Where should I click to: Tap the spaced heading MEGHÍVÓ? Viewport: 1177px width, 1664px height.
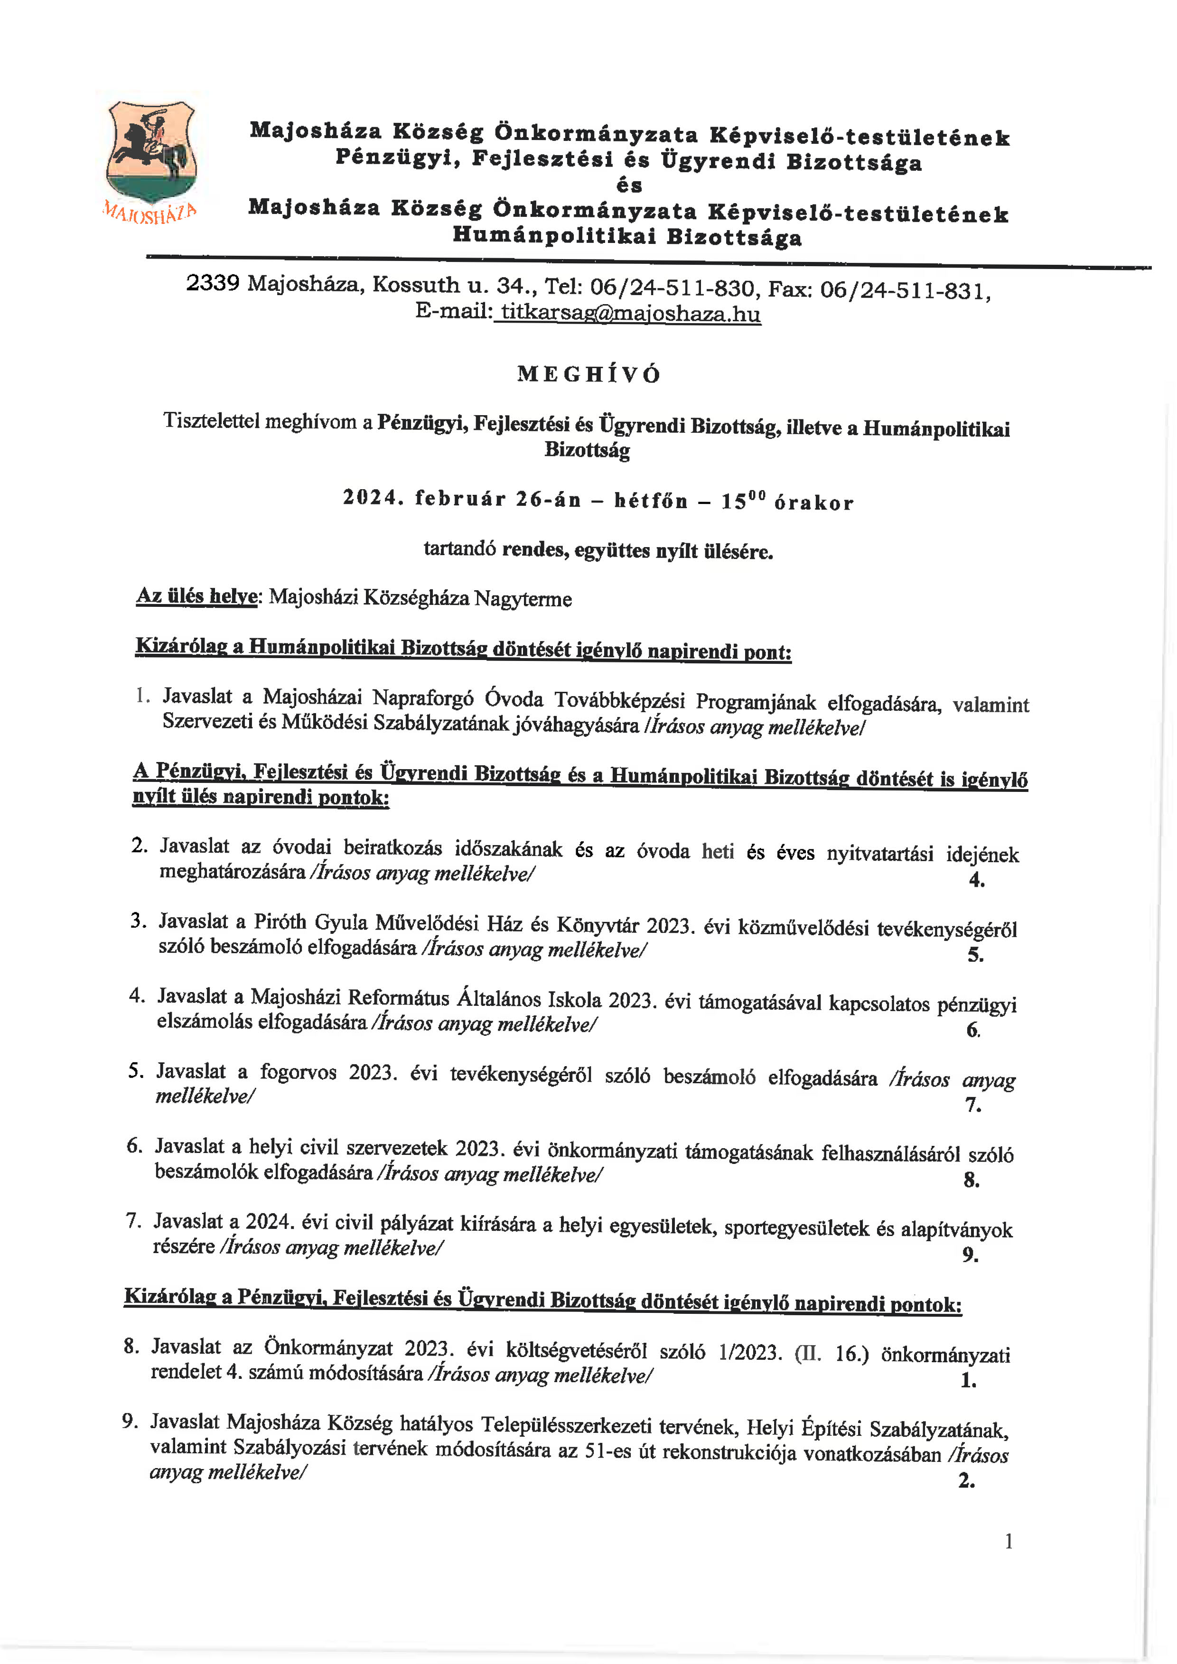588,374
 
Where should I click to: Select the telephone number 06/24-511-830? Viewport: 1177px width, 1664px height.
672,288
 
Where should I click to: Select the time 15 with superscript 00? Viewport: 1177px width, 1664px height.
743,502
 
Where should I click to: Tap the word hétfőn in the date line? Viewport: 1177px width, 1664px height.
650,501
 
